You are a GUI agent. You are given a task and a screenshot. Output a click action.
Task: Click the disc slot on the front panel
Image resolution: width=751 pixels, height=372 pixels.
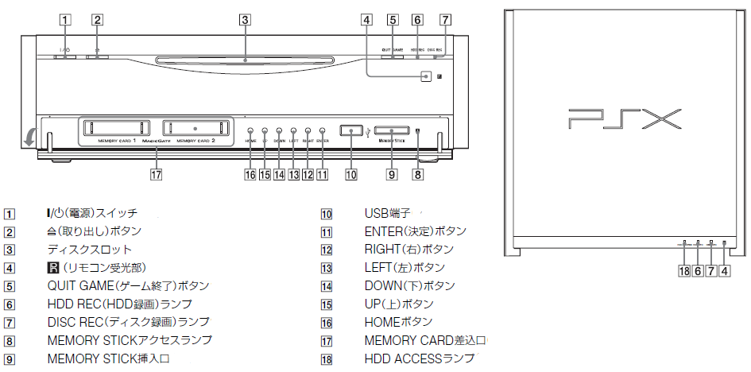(x=245, y=59)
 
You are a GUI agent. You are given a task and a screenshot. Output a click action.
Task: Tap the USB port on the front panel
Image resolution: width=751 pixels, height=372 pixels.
(x=350, y=130)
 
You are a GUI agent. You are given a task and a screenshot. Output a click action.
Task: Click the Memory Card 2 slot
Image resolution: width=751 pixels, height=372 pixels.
(x=195, y=128)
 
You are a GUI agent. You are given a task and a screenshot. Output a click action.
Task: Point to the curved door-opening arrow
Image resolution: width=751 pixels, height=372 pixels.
(x=29, y=136)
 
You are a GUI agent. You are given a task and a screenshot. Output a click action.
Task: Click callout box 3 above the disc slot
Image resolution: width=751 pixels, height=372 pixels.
(x=245, y=19)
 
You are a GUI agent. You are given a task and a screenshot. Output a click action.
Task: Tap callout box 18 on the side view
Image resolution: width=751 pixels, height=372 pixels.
(x=683, y=271)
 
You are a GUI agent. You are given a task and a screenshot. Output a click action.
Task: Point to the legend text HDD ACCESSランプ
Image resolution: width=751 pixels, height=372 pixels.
(x=419, y=359)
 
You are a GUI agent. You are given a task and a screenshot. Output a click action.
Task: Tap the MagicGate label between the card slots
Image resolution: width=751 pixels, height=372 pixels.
(x=155, y=141)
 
